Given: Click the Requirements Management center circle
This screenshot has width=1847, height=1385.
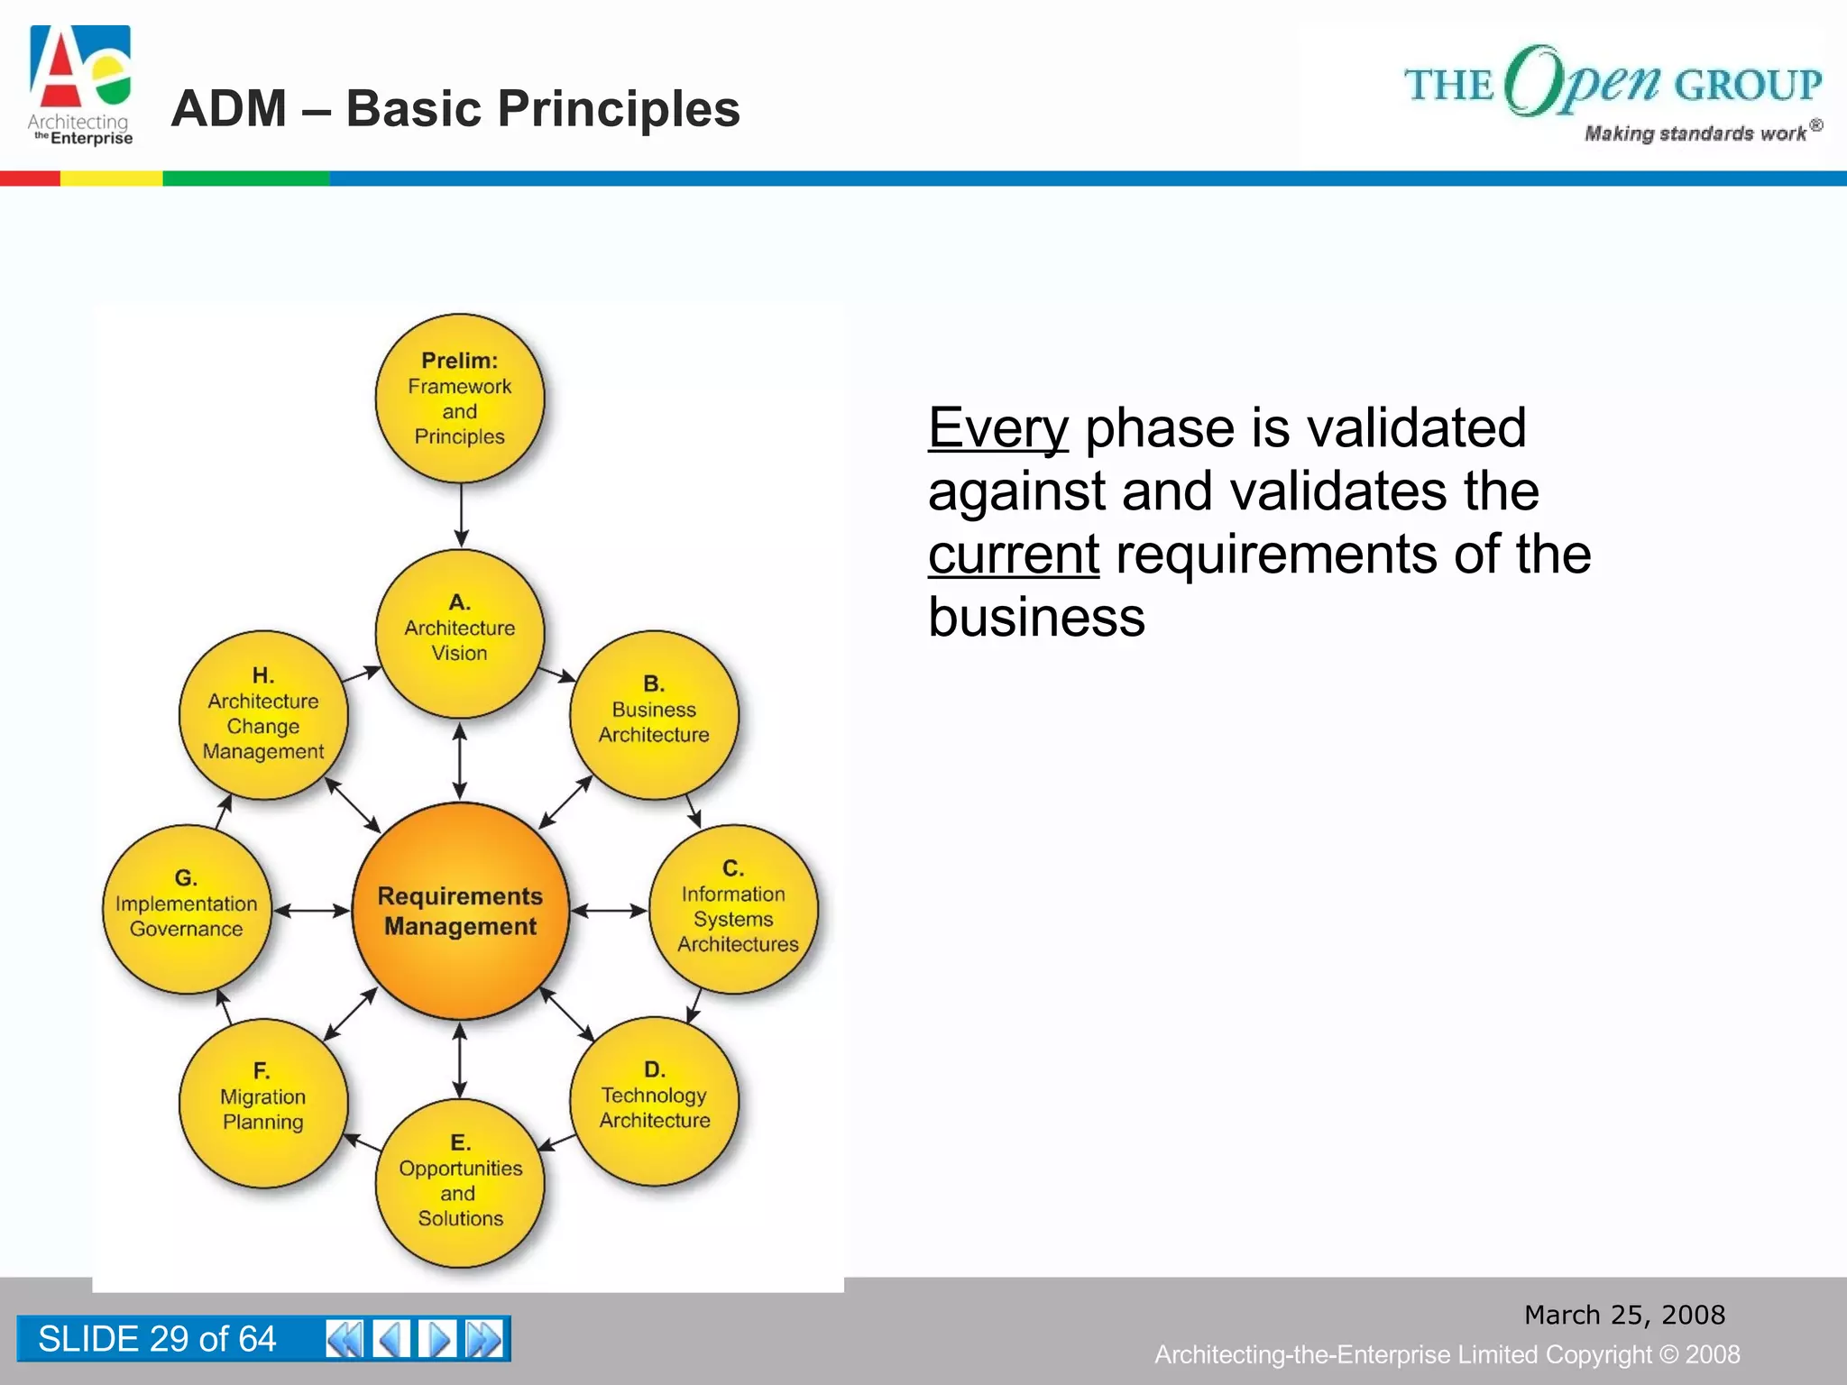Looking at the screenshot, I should (460, 911).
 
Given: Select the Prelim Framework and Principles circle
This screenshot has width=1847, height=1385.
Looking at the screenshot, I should (460, 398).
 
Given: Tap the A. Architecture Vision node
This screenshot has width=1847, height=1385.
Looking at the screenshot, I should (460, 633).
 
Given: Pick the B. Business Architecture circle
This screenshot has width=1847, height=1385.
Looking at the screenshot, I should (654, 715).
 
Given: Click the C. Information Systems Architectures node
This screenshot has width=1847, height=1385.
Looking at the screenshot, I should (733, 909).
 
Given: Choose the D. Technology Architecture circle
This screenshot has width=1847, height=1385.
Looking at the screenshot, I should (654, 1101).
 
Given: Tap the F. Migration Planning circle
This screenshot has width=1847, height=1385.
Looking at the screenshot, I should (263, 1102).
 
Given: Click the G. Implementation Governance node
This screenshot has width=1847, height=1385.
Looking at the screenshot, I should (187, 909).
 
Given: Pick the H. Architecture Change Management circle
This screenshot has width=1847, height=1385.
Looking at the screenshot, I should (263, 715).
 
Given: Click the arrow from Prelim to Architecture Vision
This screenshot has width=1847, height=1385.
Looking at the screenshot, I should (461, 515).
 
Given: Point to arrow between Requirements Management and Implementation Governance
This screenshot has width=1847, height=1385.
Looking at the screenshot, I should (311, 911).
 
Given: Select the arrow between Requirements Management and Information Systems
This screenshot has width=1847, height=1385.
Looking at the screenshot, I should (610, 911).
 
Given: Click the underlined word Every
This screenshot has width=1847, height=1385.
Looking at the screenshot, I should (997, 428).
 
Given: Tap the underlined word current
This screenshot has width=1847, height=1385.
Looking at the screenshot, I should (1013, 555).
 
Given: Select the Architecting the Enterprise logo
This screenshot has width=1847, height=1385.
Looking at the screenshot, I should (80, 86).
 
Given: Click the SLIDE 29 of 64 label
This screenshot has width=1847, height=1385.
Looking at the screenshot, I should (157, 1339).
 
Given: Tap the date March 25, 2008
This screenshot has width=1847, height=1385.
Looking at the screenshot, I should (1624, 1315).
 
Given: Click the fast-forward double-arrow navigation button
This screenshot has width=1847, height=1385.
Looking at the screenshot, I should (484, 1339).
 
